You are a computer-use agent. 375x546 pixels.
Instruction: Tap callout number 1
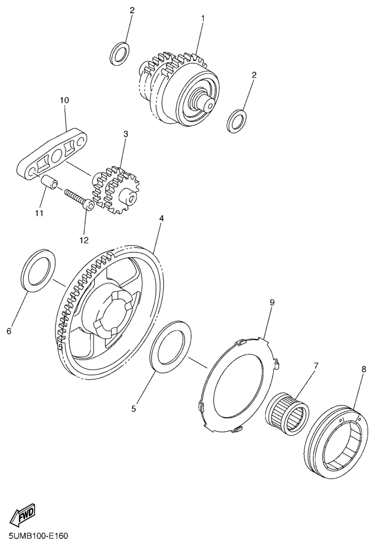click(x=203, y=17)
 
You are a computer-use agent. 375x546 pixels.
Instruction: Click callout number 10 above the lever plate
click(x=64, y=100)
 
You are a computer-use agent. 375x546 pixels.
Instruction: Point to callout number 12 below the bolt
click(x=84, y=240)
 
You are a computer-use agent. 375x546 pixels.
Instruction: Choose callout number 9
click(x=272, y=302)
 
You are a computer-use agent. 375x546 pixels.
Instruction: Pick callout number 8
click(x=363, y=370)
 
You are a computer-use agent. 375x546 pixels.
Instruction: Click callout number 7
click(x=316, y=366)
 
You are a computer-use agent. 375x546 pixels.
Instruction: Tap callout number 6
click(x=9, y=331)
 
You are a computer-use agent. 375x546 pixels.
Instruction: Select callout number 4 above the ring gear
click(x=161, y=219)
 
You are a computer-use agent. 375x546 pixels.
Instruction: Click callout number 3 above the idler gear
click(x=126, y=134)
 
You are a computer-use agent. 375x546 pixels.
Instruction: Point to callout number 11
click(x=39, y=213)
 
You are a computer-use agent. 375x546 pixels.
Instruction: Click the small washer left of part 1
click(x=119, y=54)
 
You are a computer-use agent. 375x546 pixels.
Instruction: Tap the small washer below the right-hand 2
click(x=237, y=121)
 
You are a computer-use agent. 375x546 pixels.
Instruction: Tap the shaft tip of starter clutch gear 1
click(x=209, y=104)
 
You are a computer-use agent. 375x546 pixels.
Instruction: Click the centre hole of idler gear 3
click(x=131, y=199)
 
